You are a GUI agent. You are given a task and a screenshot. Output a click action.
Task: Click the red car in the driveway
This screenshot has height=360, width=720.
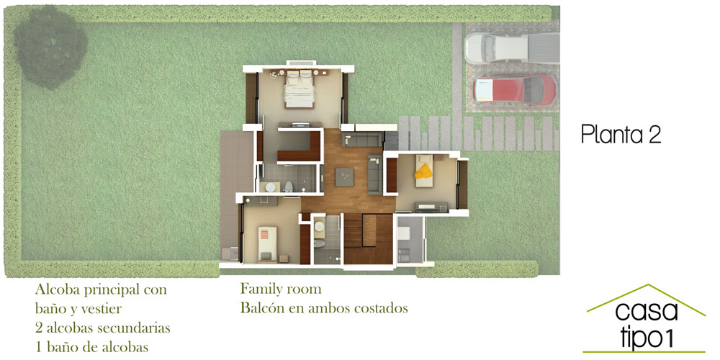pyautogui.click(x=515, y=89)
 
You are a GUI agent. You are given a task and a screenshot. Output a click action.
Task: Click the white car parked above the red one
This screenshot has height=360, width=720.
pyautogui.click(x=512, y=48)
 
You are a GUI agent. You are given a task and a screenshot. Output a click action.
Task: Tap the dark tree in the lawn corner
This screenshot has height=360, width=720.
pyautogui.click(x=50, y=47)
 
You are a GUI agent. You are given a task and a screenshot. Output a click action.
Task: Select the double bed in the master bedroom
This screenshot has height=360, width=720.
pyautogui.click(x=300, y=89)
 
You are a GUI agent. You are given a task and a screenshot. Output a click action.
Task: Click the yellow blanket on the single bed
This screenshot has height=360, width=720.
pyautogui.click(x=423, y=172)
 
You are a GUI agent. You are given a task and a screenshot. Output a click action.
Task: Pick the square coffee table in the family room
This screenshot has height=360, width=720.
pyautogui.click(x=344, y=177)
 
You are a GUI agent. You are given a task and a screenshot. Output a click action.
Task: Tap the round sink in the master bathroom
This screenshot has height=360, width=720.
pyautogui.click(x=271, y=187)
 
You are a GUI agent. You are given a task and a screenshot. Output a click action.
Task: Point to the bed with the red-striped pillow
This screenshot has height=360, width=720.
pyautogui.click(x=267, y=244)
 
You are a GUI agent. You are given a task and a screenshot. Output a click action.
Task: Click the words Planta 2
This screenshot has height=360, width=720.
pyautogui.click(x=621, y=135)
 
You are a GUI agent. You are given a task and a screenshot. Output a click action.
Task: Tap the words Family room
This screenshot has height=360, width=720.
pyautogui.click(x=281, y=289)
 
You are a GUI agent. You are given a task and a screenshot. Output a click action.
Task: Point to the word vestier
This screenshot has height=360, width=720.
pyautogui.click(x=99, y=309)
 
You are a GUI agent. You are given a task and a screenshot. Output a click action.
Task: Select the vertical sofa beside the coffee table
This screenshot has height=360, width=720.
pyautogui.click(x=374, y=174)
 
